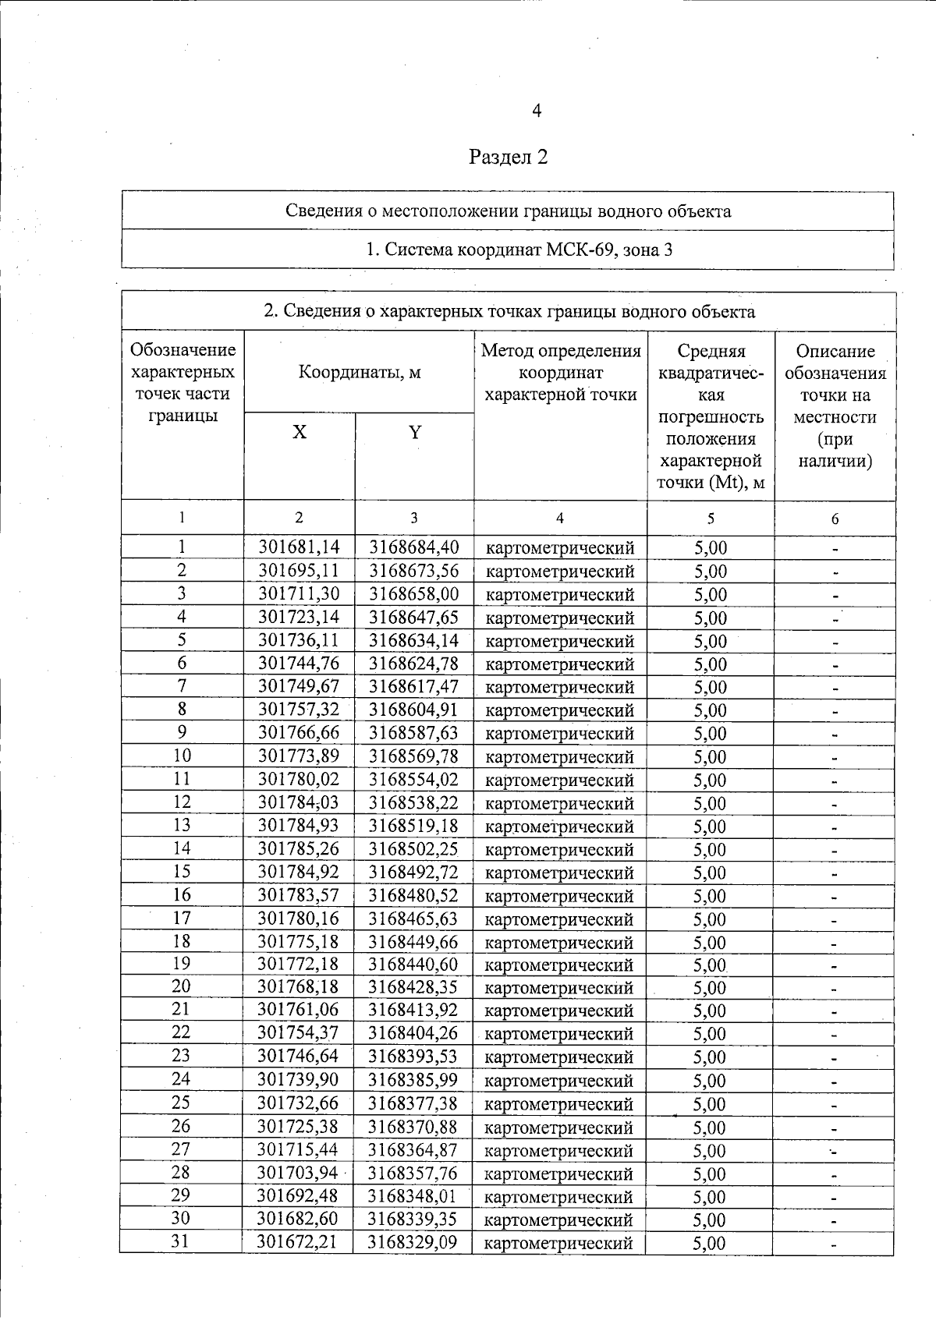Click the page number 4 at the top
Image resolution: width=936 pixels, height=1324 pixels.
pyautogui.click(x=537, y=112)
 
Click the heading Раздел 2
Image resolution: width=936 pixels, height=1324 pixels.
pyautogui.click(x=509, y=158)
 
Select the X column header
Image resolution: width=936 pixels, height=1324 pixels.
pyautogui.click(x=300, y=432)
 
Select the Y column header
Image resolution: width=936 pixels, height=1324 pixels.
pyautogui.click(x=415, y=432)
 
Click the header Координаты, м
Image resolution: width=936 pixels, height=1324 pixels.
pyautogui.click(x=360, y=372)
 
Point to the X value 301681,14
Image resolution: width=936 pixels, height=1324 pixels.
pyautogui.click(x=299, y=547)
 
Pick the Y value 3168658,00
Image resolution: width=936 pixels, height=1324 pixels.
pyautogui.click(x=413, y=594)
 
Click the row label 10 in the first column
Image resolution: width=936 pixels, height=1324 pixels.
pyautogui.click(x=182, y=756)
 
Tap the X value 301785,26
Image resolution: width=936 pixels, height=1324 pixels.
pyautogui.click(x=299, y=848)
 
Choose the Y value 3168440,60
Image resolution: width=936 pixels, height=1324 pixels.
pyautogui.click(x=413, y=965)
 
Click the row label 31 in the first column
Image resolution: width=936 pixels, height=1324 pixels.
pyautogui.click(x=181, y=1241)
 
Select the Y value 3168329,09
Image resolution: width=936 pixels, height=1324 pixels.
pyautogui.click(x=413, y=1242)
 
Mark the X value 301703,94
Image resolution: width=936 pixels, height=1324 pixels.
pyautogui.click(x=299, y=1173)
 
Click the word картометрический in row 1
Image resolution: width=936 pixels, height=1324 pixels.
pyautogui.click(x=560, y=548)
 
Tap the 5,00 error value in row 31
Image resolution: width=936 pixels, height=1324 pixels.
pyautogui.click(x=710, y=1243)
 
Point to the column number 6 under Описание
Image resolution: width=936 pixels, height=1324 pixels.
pyautogui.click(x=835, y=519)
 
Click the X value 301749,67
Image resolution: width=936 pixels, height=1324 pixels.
pyautogui.click(x=299, y=687)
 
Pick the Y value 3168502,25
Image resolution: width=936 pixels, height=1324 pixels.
pyautogui.click(x=413, y=848)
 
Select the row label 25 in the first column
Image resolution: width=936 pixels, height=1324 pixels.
pyautogui.click(x=181, y=1103)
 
